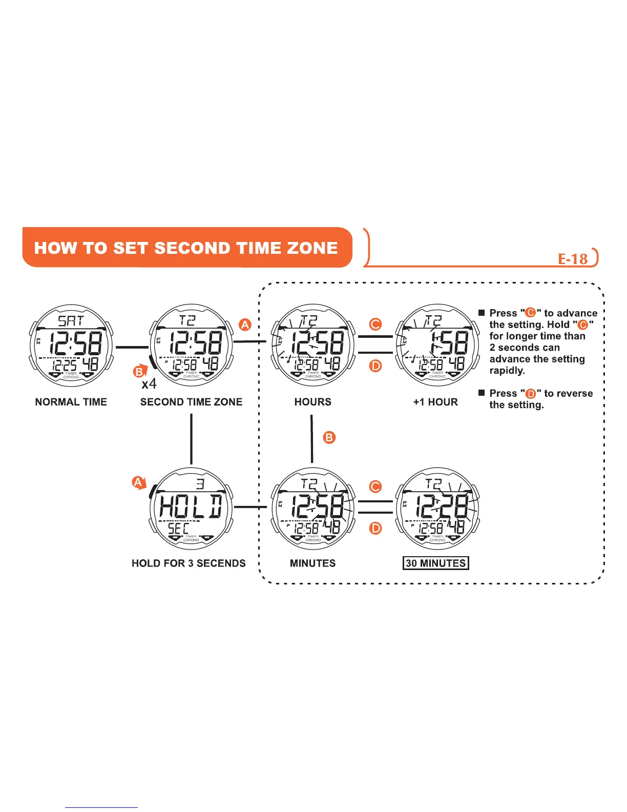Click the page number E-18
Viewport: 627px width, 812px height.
pyautogui.click(x=573, y=258)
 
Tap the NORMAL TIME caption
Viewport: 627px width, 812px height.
pyautogui.click(x=71, y=402)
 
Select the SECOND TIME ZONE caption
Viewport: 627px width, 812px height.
pyautogui.click(x=191, y=402)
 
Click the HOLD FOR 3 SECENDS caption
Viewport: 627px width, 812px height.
pyautogui.click(x=189, y=563)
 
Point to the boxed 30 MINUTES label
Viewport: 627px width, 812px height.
pyautogui.click(x=435, y=563)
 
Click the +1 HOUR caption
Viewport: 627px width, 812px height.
pyautogui.click(x=435, y=402)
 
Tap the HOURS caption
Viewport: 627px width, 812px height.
pyautogui.click(x=312, y=402)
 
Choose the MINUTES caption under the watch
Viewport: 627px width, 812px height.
pyautogui.click(x=312, y=563)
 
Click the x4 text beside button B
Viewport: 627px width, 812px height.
pyautogui.click(x=149, y=383)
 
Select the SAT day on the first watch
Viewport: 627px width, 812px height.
pyautogui.click(x=71, y=321)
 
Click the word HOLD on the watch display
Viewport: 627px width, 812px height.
pyautogui.click(x=191, y=506)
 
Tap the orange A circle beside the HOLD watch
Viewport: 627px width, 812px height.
pyautogui.click(x=138, y=482)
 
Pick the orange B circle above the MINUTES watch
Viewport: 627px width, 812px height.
pyautogui.click(x=329, y=437)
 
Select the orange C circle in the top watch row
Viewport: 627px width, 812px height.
pyautogui.click(x=375, y=324)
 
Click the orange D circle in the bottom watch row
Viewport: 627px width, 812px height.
pyautogui.click(x=375, y=527)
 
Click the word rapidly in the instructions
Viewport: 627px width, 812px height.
pyautogui.click(x=507, y=371)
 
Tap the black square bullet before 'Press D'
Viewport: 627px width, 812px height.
pyautogui.click(x=481, y=393)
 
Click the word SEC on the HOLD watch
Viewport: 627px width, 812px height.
pyautogui.click(x=178, y=528)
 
